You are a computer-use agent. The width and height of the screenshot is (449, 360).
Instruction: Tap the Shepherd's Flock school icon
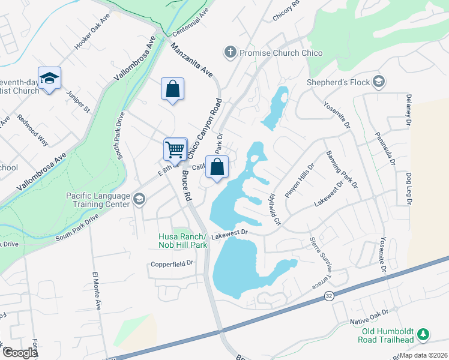[378, 81]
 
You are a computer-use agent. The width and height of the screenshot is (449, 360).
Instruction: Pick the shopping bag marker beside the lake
[217, 167]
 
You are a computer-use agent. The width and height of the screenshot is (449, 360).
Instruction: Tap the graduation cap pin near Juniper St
[50, 78]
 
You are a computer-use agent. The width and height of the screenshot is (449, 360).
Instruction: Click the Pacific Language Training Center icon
[139, 199]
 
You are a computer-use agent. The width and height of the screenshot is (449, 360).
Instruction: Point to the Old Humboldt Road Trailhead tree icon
[423, 334]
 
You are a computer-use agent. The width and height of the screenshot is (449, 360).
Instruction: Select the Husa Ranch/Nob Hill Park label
[183, 241]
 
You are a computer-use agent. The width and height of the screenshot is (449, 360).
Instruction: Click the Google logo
[20, 353]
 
